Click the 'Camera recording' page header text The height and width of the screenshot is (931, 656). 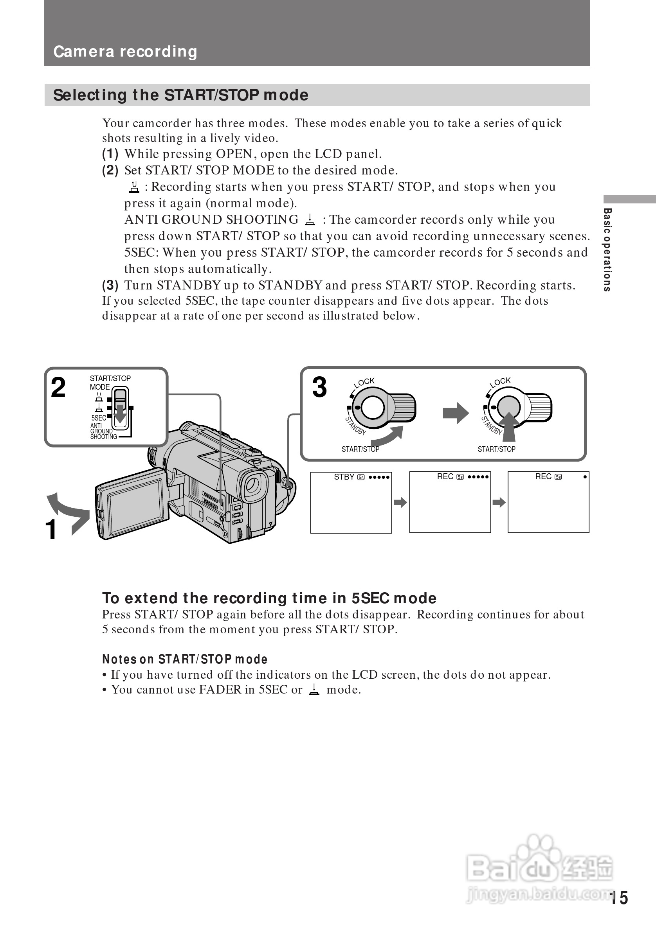pos(125,52)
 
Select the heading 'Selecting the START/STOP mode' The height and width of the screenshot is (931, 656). pos(180,95)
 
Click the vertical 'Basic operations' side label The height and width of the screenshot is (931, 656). pos(607,250)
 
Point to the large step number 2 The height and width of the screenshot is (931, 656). pos(58,388)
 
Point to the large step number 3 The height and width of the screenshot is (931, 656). pos(319,387)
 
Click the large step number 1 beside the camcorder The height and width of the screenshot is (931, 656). pos(51,530)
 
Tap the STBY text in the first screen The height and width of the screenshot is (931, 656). pos(344,477)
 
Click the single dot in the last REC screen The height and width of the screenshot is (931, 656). pos(585,477)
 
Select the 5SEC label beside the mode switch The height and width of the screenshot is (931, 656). pos(99,418)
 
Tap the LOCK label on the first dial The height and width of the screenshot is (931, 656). pos(364,382)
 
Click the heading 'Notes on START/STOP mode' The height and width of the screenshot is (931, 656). pos(185,659)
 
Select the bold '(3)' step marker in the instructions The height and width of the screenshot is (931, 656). pos(110,286)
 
